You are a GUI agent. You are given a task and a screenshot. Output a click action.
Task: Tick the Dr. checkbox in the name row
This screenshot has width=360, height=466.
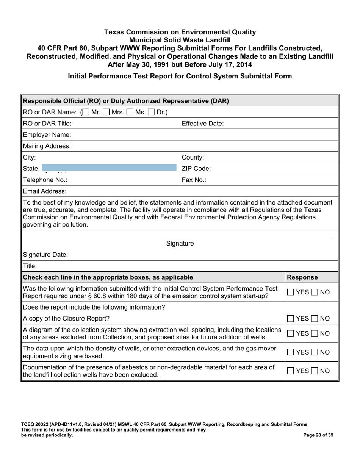click(x=152, y=113)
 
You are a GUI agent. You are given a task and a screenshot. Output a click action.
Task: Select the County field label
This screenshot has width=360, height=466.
click(x=193, y=157)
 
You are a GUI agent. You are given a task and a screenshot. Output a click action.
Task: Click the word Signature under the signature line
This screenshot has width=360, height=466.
click(x=180, y=244)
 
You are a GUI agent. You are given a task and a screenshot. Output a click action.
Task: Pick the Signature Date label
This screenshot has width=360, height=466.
click(x=45, y=255)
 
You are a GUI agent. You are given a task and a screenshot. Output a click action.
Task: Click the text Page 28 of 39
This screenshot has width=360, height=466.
click(x=319, y=435)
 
